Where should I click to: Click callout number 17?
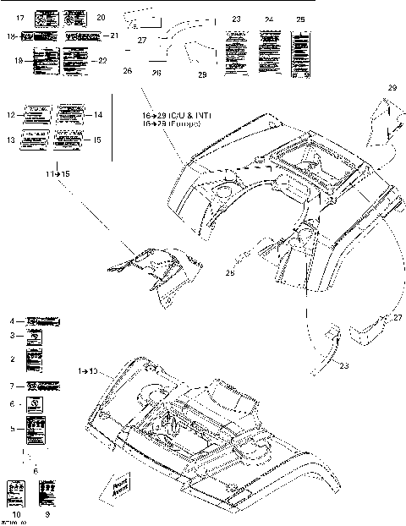pos(19,17)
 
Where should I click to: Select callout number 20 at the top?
pos(101,17)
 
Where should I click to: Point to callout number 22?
pos(103,60)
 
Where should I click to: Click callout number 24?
pos(269,19)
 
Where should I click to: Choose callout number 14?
pos(98,114)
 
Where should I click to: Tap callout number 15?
pos(98,140)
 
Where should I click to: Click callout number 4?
pos(12,321)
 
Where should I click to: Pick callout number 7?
pos(12,386)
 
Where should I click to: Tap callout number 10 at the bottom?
pos(14,514)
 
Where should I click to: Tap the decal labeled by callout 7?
pos(43,386)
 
